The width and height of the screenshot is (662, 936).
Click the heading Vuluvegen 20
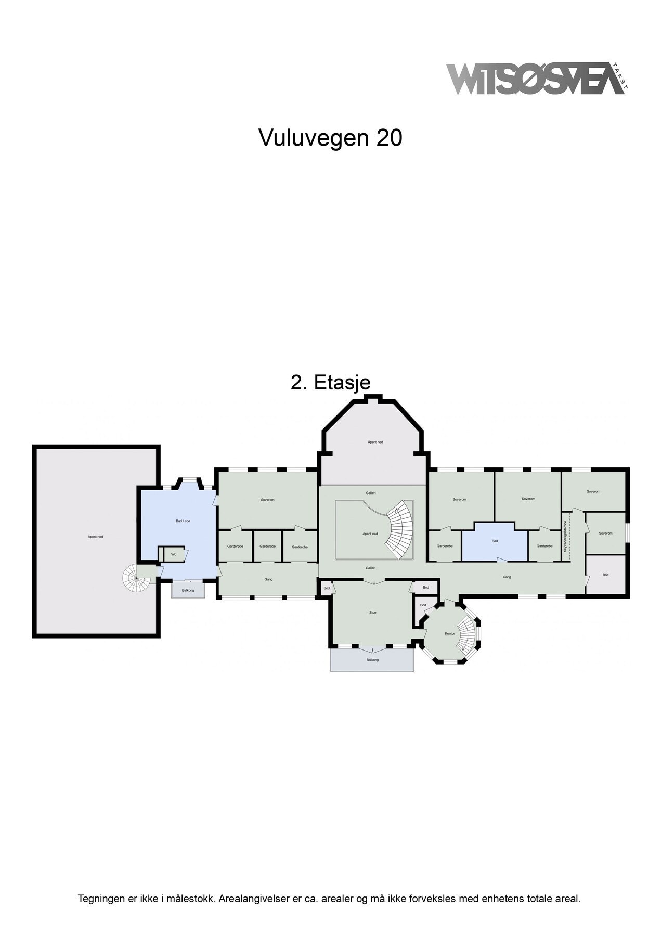(330, 138)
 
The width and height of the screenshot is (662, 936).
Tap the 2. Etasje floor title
(330, 383)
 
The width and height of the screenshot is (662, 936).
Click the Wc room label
(174, 554)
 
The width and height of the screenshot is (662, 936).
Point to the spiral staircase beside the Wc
(136, 578)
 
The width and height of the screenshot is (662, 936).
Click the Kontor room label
(450, 633)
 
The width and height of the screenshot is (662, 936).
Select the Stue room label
(372, 613)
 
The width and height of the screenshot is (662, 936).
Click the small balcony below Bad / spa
(188, 590)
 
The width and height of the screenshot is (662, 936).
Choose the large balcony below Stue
(372, 660)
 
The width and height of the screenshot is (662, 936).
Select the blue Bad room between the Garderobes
(495, 542)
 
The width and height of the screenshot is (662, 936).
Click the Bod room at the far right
(605, 575)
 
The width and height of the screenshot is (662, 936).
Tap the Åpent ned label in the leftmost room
(95, 537)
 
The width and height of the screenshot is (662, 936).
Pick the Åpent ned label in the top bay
(375, 442)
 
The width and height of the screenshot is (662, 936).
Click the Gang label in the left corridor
(268, 579)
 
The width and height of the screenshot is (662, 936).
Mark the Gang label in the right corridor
(507, 577)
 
